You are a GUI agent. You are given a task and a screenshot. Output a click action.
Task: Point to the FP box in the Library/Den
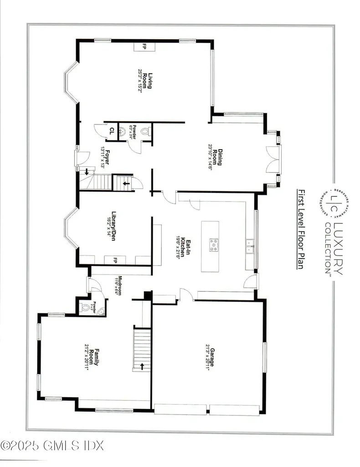(x=115, y=260)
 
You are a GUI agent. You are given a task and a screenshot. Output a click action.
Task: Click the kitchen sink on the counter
(x=249, y=249)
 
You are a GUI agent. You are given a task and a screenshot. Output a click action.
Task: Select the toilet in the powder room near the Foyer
(x=145, y=131)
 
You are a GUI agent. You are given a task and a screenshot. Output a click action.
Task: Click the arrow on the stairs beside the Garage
(x=143, y=366)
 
